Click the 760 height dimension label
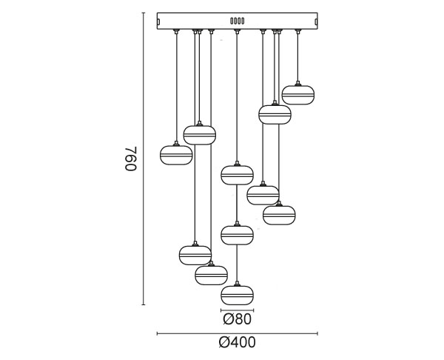[x=131, y=159]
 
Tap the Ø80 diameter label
[x=237, y=319]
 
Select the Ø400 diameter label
[x=237, y=342]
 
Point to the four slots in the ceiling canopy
[x=238, y=21]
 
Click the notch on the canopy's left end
[x=158, y=21]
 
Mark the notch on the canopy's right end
[x=316, y=21]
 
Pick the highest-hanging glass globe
[x=298, y=95]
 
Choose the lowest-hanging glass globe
[x=237, y=295]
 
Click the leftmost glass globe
[x=176, y=155]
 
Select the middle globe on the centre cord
[x=237, y=235]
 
